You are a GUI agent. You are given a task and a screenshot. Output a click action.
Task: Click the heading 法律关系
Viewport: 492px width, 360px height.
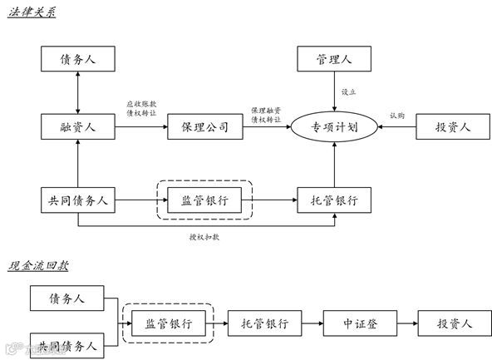coord(32,14)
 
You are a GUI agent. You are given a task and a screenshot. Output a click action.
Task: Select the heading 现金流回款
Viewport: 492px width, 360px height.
coord(38,266)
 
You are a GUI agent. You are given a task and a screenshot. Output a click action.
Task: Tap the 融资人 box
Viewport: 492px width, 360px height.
coord(76,127)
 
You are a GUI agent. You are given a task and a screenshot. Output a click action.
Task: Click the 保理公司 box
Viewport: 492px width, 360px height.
coord(204,127)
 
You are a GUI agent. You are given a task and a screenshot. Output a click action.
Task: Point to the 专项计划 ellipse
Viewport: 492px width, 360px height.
coord(334,127)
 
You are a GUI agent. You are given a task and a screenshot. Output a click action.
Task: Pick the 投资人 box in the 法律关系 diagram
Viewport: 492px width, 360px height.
coord(454,127)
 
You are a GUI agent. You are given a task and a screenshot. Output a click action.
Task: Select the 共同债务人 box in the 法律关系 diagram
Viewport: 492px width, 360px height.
coord(76,200)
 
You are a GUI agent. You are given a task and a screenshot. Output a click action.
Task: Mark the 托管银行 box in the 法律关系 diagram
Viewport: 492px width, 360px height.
coord(334,200)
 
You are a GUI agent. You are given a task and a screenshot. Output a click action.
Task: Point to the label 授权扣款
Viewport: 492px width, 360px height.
coord(204,237)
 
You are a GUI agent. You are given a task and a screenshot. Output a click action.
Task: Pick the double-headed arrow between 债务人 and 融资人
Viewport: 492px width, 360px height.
coord(76,92)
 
